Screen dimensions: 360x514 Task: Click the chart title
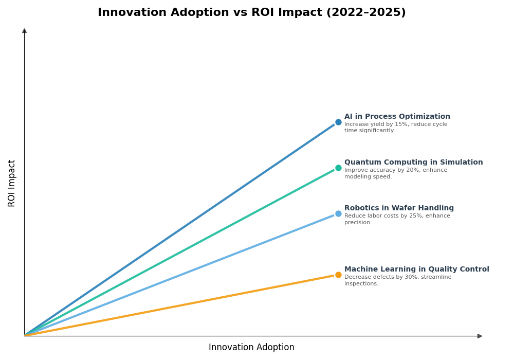tap(251, 12)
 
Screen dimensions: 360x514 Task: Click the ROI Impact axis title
tap(12, 183)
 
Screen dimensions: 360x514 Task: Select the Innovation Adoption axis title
tap(251, 348)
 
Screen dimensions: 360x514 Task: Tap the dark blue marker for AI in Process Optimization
tap(338, 122)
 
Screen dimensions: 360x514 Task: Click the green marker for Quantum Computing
tap(338, 168)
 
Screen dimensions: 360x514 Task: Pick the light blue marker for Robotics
tap(338, 214)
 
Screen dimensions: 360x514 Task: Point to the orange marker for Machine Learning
tap(338, 275)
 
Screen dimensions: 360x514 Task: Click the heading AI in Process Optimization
tap(397, 117)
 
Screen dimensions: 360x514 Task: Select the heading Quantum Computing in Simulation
tap(413, 163)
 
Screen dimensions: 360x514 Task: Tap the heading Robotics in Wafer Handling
tap(399, 208)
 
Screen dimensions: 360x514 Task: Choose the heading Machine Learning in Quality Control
tap(416, 269)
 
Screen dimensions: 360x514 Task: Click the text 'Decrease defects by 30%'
tap(379, 277)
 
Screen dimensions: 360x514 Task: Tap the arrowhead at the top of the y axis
tap(24, 31)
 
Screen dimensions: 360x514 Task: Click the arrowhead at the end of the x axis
tap(480, 336)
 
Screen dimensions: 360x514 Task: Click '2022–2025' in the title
tap(365, 12)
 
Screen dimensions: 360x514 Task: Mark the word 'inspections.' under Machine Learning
tap(361, 284)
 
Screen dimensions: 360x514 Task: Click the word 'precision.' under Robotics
tap(358, 223)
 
